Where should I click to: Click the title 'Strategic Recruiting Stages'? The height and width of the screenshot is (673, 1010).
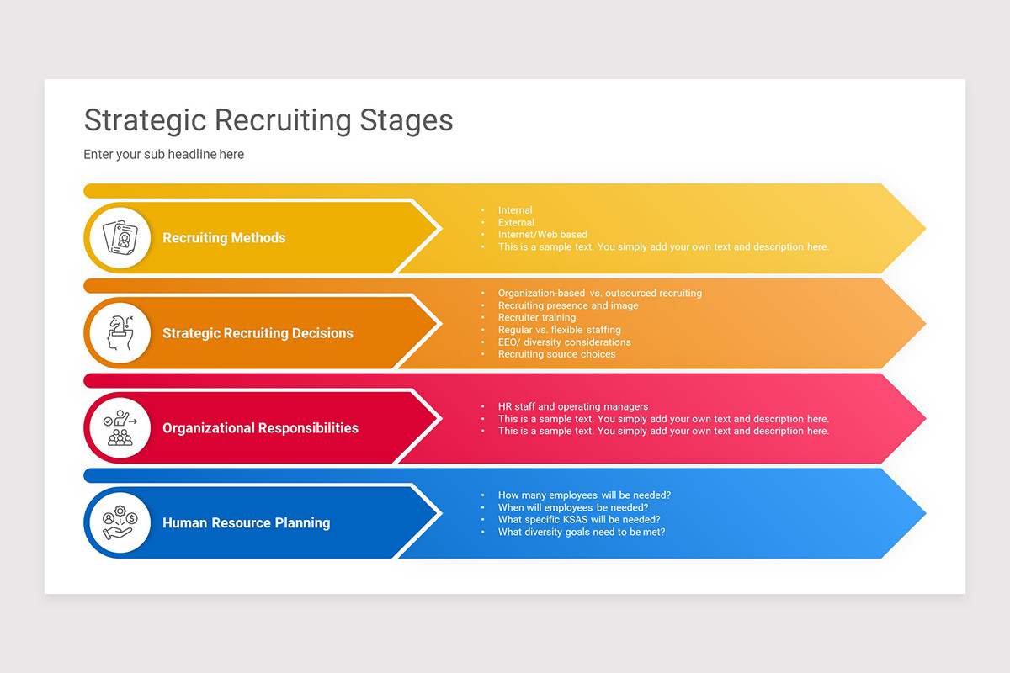(x=268, y=120)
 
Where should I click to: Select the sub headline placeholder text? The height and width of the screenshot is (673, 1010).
(x=163, y=155)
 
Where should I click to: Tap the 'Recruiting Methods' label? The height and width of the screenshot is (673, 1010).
(x=224, y=238)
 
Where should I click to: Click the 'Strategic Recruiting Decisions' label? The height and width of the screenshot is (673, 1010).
(x=258, y=333)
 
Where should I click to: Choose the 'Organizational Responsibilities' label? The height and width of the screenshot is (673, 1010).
(x=260, y=428)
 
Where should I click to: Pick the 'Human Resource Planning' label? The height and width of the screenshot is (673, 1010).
(x=246, y=523)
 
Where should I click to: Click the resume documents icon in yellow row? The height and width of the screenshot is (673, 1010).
(x=119, y=238)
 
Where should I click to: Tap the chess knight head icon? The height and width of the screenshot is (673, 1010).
(x=119, y=333)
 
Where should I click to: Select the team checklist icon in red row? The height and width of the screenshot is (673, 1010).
(x=119, y=428)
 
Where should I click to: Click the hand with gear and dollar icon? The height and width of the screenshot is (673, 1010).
(x=119, y=523)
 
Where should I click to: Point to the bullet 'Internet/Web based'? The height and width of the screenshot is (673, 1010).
(x=542, y=235)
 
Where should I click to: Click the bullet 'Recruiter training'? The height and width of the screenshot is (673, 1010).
(x=537, y=318)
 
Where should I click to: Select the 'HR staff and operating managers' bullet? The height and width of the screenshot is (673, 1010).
(x=572, y=407)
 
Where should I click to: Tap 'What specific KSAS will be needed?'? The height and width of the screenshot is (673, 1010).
(x=579, y=520)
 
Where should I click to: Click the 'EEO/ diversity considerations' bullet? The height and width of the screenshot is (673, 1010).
(x=564, y=342)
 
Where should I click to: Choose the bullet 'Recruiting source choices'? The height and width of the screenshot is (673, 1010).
(x=556, y=354)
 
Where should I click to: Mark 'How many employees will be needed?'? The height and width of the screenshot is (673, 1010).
(x=584, y=495)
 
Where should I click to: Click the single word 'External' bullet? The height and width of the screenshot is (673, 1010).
(x=516, y=223)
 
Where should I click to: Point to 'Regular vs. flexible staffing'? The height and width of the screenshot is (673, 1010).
(x=559, y=330)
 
